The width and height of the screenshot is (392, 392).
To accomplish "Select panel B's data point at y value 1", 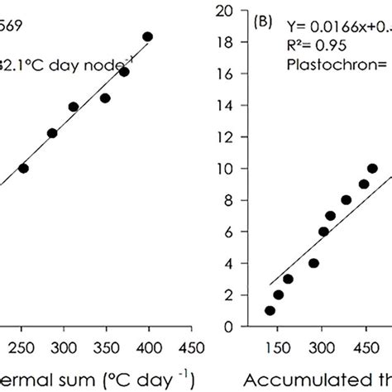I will coord(270,311).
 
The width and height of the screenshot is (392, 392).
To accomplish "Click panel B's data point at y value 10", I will coord(372,169).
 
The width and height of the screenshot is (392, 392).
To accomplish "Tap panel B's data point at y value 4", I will coord(313,263).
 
